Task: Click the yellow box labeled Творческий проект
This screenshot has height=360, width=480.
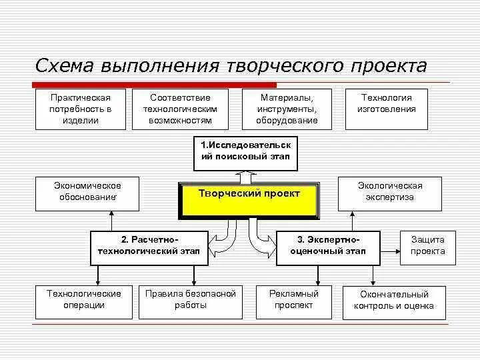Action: [249, 201]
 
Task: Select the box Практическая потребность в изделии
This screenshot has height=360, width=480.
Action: [80, 109]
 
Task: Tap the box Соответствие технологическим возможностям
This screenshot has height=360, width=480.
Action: [181, 109]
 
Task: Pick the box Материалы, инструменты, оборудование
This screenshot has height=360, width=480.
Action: [287, 109]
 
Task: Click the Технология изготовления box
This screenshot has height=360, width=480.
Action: [387, 109]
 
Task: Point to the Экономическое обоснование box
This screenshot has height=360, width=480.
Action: [87, 193]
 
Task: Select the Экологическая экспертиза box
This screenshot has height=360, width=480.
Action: [390, 193]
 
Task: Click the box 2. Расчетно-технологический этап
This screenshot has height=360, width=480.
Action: [149, 247]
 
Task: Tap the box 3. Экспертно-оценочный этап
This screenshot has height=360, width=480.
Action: [328, 247]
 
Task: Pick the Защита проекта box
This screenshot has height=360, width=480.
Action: [427, 247]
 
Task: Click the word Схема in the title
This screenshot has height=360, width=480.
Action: [65, 67]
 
